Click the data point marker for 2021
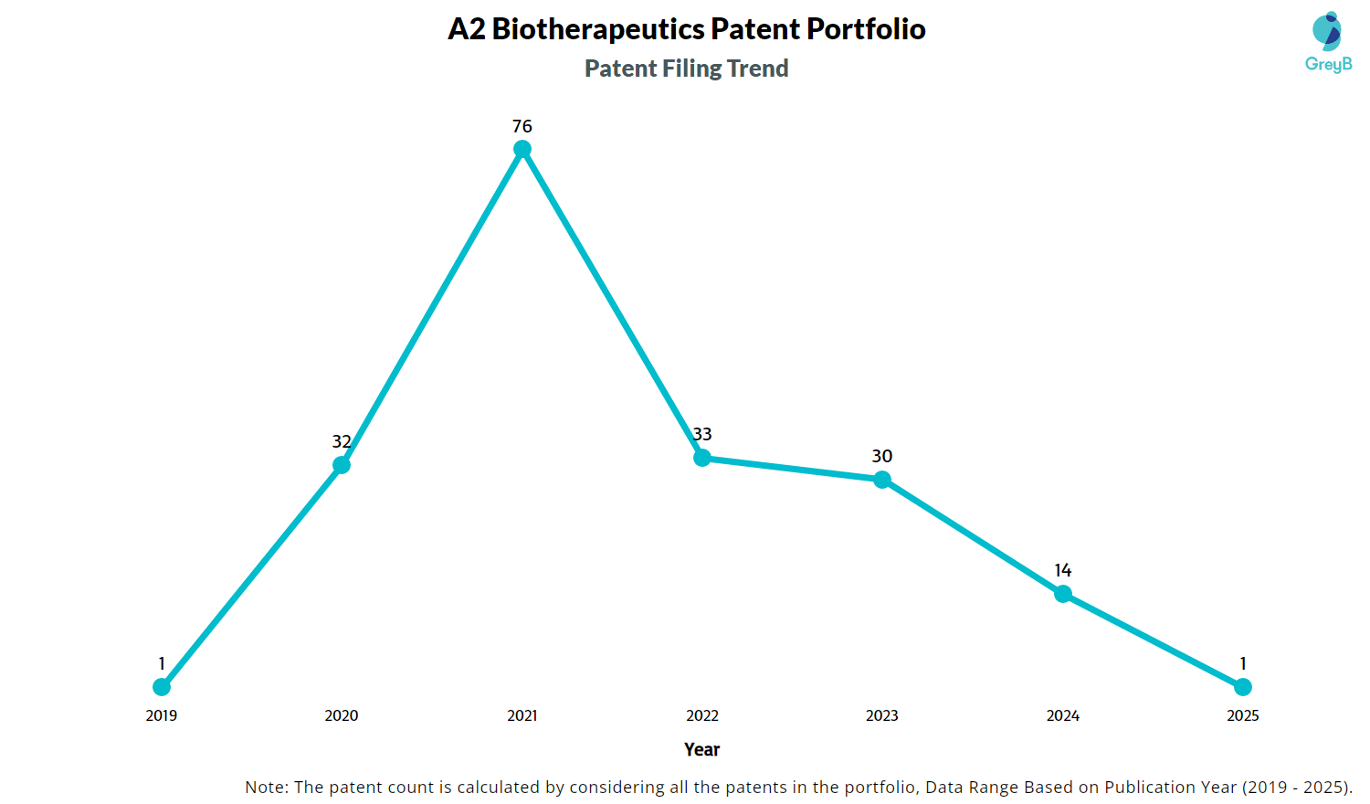click(x=522, y=149)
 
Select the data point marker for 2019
click(x=162, y=686)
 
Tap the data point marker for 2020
click(x=342, y=465)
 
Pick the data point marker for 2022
click(x=702, y=458)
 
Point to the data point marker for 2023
click(x=882, y=480)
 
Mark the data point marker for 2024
click(x=1063, y=594)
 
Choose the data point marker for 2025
click(x=1243, y=686)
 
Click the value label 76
click(x=522, y=126)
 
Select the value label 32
click(x=342, y=441)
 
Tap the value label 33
click(x=702, y=434)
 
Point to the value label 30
click(x=882, y=456)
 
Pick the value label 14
click(x=1063, y=570)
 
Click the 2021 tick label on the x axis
click(x=522, y=715)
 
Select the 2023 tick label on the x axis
click(x=882, y=715)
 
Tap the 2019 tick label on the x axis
click(x=162, y=715)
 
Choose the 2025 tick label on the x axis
click(x=1243, y=715)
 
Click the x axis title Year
click(x=702, y=749)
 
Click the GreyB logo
click(x=1328, y=42)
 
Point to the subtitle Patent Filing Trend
click(x=687, y=69)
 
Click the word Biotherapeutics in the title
click(x=598, y=29)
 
